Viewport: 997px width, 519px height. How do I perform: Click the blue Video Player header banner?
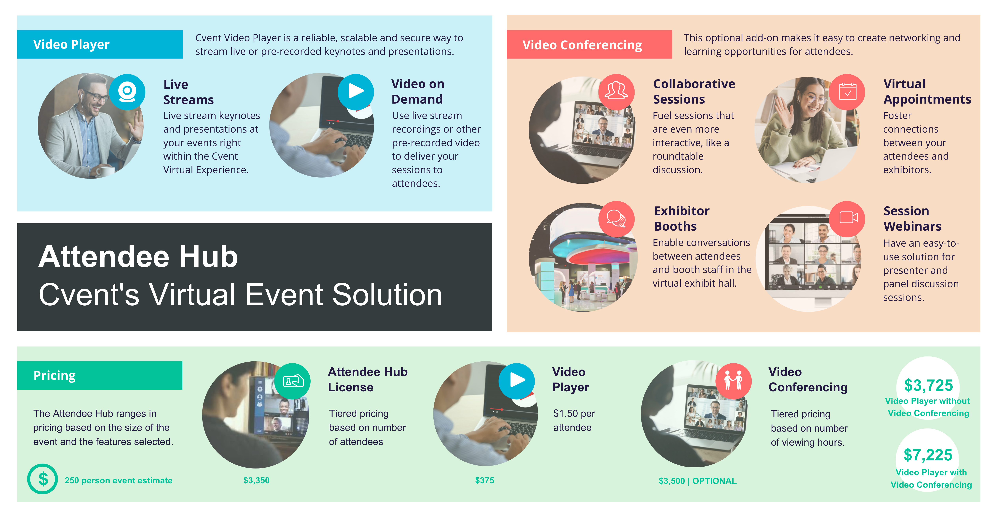[100, 45]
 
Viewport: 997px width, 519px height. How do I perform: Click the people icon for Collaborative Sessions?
[616, 91]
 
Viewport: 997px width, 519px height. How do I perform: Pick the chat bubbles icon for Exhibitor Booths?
[616, 218]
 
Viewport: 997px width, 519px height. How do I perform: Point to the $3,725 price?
[928, 385]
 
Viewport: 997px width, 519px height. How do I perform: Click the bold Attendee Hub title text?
[138, 257]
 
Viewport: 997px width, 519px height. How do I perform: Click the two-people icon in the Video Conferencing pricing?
[733, 381]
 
